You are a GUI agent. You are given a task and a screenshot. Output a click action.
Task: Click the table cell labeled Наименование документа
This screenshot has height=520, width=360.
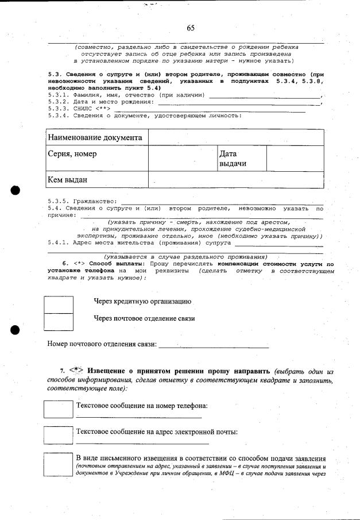[95, 138]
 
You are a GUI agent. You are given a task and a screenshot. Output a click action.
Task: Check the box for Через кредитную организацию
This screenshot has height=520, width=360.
[58, 303]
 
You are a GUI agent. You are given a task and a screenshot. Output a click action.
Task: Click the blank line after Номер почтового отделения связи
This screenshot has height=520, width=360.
[213, 345]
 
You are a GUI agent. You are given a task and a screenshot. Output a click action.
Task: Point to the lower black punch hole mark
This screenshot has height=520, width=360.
[16, 330]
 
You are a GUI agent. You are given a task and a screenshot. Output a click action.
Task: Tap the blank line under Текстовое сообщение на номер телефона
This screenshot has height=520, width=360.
[138, 417]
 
